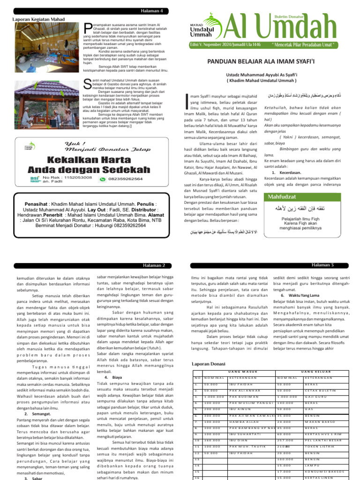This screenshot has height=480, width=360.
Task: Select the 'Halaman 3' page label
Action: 322,265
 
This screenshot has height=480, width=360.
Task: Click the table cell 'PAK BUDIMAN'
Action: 242,397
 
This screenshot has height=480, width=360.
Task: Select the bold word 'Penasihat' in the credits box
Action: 40,205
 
